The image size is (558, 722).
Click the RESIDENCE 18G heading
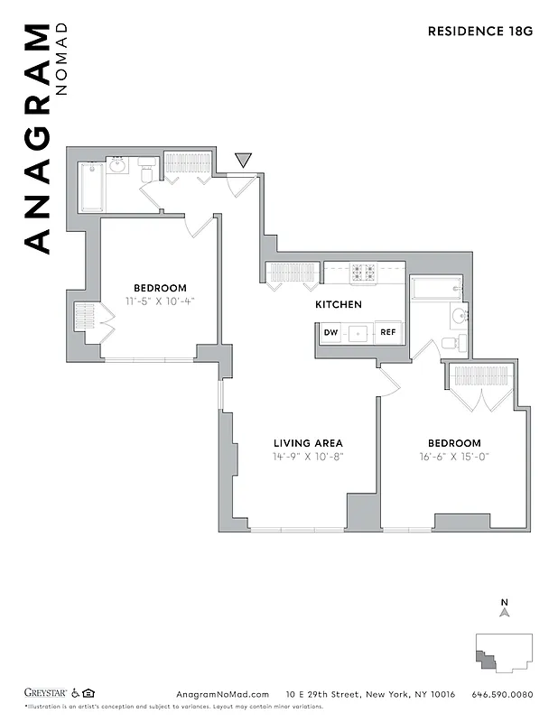pos(479,31)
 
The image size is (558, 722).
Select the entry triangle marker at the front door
pos(243,161)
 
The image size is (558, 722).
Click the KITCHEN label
pos(339,305)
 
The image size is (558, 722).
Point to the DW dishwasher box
pos(331,332)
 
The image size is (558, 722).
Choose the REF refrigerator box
pos(387,332)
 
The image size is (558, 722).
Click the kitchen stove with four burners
pos(364,272)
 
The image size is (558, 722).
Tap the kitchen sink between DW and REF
pos(359,332)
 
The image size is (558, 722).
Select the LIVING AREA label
pos(308,443)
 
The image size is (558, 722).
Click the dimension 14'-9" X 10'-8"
pos(308,457)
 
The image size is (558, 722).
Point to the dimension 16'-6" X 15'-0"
pos(453,457)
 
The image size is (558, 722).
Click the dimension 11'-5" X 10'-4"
pos(160,301)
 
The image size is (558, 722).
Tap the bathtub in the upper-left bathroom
pos(91,187)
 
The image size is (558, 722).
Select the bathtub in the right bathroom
pos(436,289)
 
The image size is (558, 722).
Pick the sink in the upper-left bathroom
pos(118,165)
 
